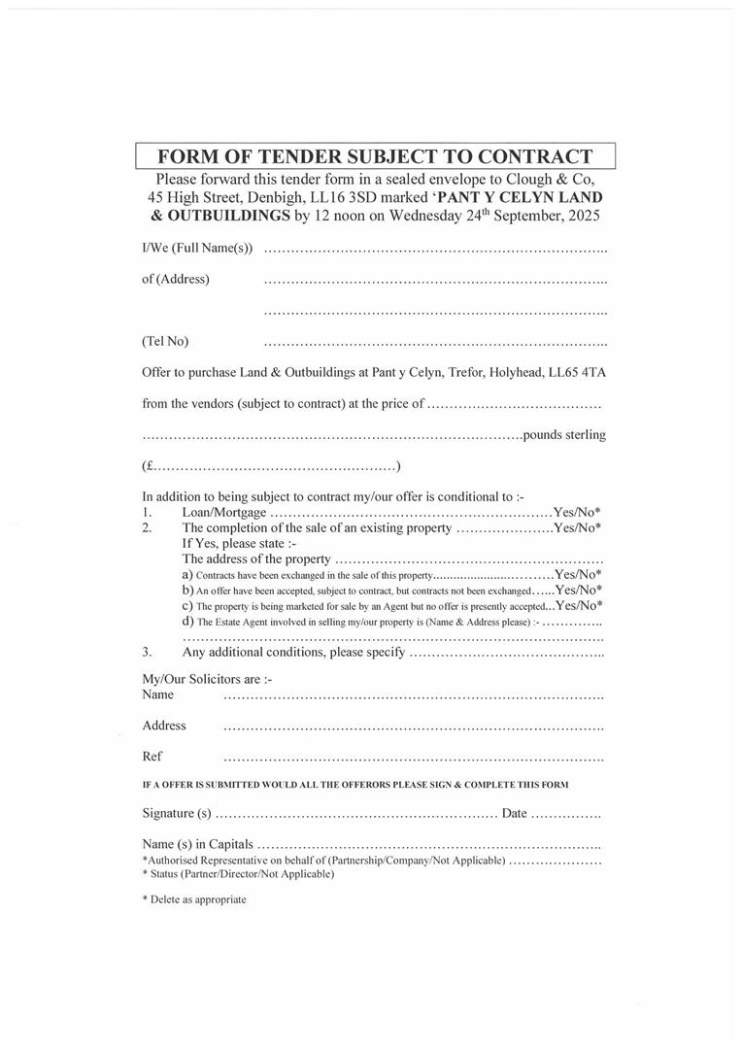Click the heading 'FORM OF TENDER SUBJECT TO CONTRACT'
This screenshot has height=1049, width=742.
pos(375,156)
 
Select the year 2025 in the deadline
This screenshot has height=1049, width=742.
pos(580,216)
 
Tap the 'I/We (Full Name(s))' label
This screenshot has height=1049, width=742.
pos(197,249)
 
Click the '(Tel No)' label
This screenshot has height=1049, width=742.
pos(165,341)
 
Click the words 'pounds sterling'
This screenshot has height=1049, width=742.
pos(564,434)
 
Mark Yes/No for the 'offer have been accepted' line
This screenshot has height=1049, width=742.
pos(579,590)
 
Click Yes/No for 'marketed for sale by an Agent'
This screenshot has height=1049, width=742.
pos(579,605)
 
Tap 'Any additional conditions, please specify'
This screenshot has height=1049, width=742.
pos(293,652)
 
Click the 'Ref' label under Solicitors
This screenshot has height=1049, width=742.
pos(152,756)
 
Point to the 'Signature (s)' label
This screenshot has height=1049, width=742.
pos(177,813)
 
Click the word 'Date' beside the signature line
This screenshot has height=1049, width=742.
pos(515,813)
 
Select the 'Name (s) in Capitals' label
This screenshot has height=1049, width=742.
pos(197,844)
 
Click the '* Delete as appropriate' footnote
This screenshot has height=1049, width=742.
pos(194,899)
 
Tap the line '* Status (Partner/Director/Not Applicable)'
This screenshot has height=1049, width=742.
pos(238,874)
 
